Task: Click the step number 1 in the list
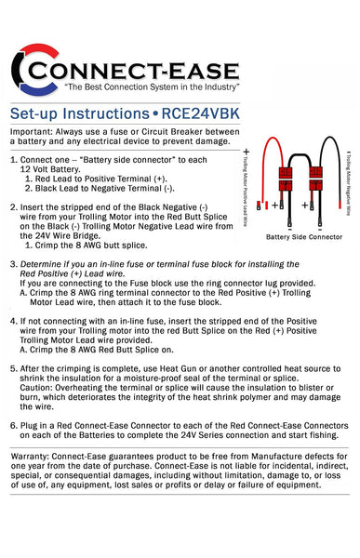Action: (x=14, y=160)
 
